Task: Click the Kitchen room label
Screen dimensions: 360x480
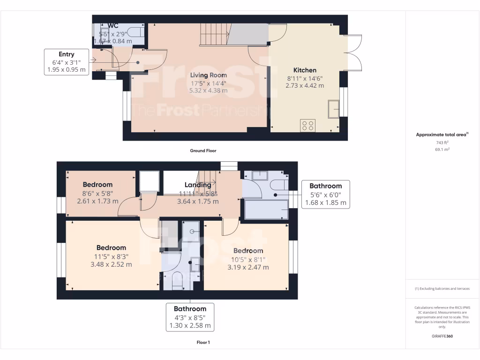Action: pos(305,70)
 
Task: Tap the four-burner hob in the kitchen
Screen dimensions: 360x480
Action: pos(308,126)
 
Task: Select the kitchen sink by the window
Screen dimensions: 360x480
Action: pos(334,109)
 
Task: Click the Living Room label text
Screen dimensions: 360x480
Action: pos(209,75)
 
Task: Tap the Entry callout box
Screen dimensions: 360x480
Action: pos(67,62)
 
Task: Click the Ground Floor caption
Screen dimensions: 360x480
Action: pos(203,151)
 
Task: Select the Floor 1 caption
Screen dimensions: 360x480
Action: pos(203,343)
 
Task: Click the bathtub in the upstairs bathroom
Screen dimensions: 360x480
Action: pos(266,209)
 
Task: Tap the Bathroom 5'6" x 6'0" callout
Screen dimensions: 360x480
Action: pos(326,194)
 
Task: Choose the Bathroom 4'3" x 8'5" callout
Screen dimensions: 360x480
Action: pos(190,317)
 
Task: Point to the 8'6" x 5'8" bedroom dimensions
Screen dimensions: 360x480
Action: pos(98,193)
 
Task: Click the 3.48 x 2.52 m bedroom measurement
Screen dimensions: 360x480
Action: pos(111,264)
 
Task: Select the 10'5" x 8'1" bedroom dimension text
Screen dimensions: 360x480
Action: pos(248,259)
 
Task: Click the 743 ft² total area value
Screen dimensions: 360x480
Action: pos(442,142)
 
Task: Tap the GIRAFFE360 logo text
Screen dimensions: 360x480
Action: pos(442,336)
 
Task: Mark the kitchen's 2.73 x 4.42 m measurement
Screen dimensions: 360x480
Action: pos(305,86)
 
